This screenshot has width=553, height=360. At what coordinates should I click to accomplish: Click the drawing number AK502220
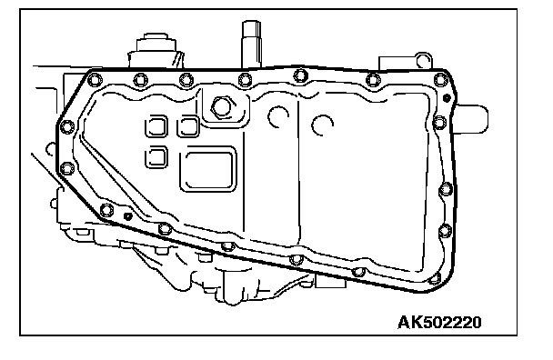point(439,322)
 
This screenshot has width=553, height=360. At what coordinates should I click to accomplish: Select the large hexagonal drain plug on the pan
point(222,106)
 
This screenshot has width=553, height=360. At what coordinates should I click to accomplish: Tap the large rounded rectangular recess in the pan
point(207,170)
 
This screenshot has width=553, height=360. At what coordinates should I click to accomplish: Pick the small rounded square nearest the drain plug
point(188,125)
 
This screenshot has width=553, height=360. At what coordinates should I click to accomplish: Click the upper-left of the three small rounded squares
point(156,125)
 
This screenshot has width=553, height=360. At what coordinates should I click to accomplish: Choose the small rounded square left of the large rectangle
point(156,156)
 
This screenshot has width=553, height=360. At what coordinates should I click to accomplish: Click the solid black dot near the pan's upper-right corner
point(447,97)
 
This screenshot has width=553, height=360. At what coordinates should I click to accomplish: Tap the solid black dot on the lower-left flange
point(128,216)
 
